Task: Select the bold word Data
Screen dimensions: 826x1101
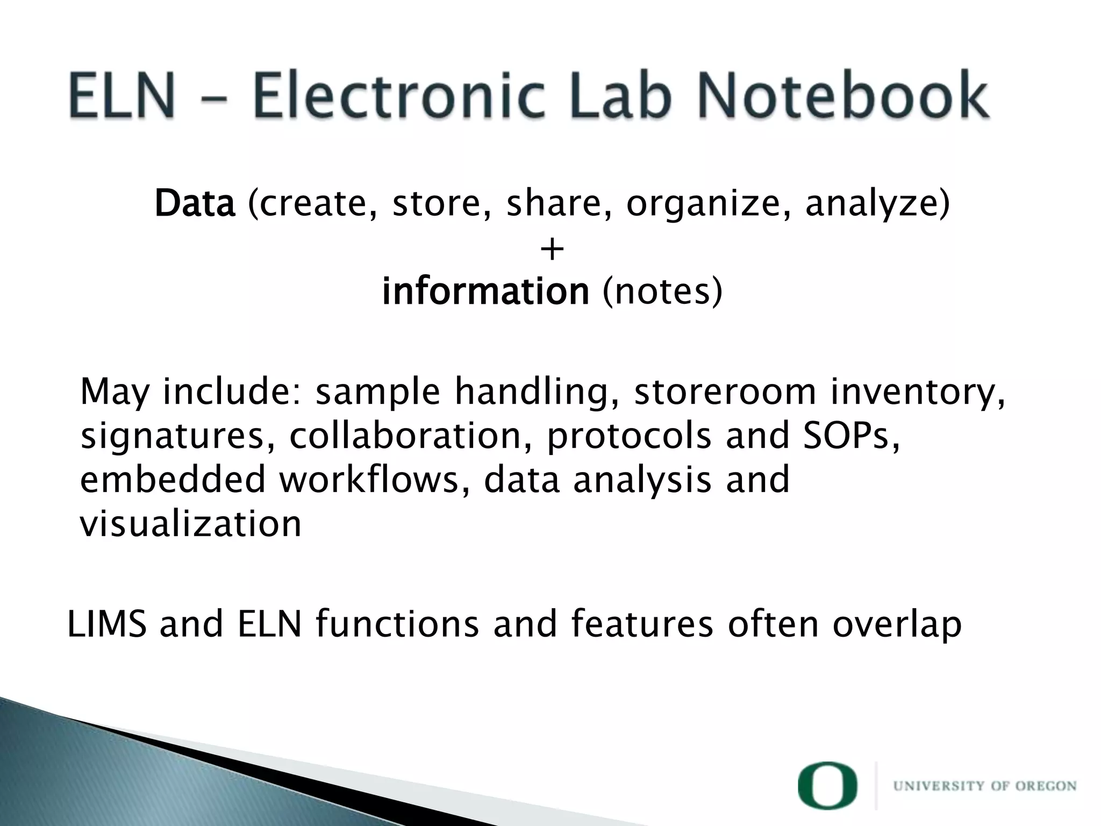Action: [195, 204]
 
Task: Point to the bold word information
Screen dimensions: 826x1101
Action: [485, 291]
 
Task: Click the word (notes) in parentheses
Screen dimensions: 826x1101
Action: [662, 291]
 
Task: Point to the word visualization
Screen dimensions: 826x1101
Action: [190, 524]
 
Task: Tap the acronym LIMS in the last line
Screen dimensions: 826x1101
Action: [107, 624]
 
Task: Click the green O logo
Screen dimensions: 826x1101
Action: [827, 785]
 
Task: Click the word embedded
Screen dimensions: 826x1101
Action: [173, 480]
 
